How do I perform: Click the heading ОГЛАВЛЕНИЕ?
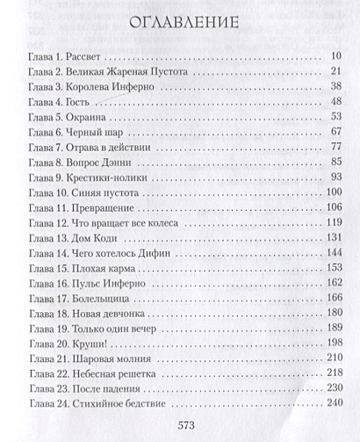pos(179,25)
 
